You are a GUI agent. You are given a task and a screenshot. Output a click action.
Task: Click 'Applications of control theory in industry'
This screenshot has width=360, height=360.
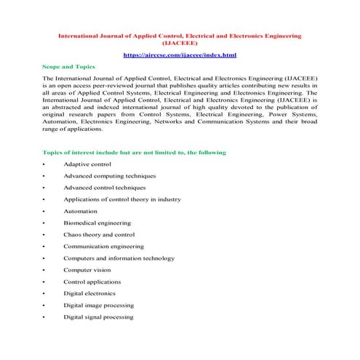coord(122,199)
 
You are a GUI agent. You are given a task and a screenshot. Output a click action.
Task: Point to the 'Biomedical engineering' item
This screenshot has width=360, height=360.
coord(97,223)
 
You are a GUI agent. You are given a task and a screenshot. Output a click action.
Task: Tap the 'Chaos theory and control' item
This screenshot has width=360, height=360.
coord(99,234)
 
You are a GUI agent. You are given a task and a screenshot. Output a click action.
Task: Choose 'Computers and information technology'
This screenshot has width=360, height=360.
coord(119,258)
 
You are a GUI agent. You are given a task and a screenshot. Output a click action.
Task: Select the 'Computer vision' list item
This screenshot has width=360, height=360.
coord(89,270)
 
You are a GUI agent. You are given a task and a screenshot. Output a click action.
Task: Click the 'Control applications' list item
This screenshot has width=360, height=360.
coord(92,281)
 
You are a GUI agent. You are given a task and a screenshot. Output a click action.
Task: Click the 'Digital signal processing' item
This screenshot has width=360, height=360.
coord(98,317)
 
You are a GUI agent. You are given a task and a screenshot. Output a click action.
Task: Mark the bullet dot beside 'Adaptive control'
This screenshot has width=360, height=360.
coord(44,164)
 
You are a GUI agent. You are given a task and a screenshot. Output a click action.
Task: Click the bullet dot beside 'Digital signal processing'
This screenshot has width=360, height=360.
coord(44,318)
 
